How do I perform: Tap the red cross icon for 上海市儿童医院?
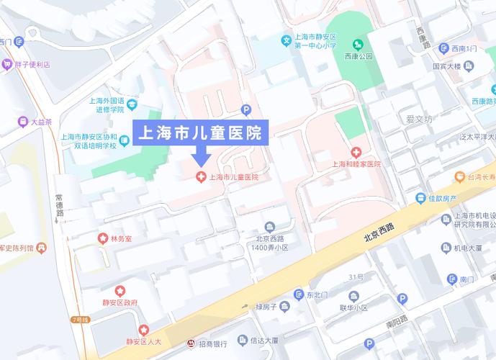tap(200, 176)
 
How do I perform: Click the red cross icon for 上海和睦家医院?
tap(356, 152)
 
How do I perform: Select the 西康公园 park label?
tap(359, 55)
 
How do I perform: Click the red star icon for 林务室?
tap(103, 238)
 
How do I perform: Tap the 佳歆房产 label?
tap(442, 198)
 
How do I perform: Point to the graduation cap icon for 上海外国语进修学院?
tap(131, 105)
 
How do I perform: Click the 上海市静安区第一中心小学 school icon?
tap(287, 40)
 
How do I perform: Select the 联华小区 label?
tap(353, 307)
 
